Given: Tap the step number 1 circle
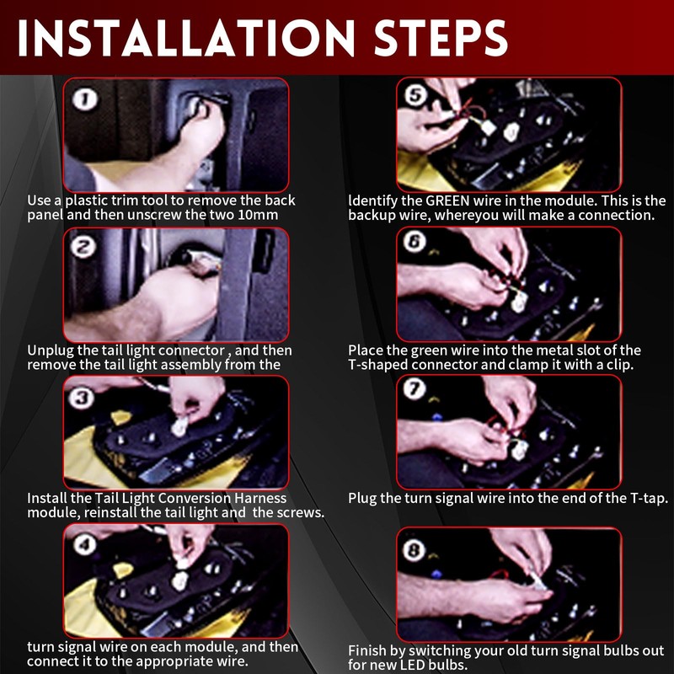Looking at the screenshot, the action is click(x=85, y=99).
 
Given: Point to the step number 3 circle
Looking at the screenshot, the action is click(x=82, y=398).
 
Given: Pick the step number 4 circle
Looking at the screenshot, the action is click(x=85, y=545).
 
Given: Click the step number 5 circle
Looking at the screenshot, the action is click(x=416, y=94).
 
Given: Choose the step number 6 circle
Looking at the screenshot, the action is click(x=414, y=242).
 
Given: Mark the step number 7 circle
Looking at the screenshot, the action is click(x=415, y=389).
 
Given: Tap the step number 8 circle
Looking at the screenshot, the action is click(x=414, y=550).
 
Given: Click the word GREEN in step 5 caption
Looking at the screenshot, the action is click(x=447, y=201).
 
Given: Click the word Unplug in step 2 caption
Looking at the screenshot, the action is click(x=45, y=350).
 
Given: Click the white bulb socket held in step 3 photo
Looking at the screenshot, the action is click(x=179, y=426).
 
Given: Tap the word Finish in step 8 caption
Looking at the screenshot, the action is click(x=367, y=650).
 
